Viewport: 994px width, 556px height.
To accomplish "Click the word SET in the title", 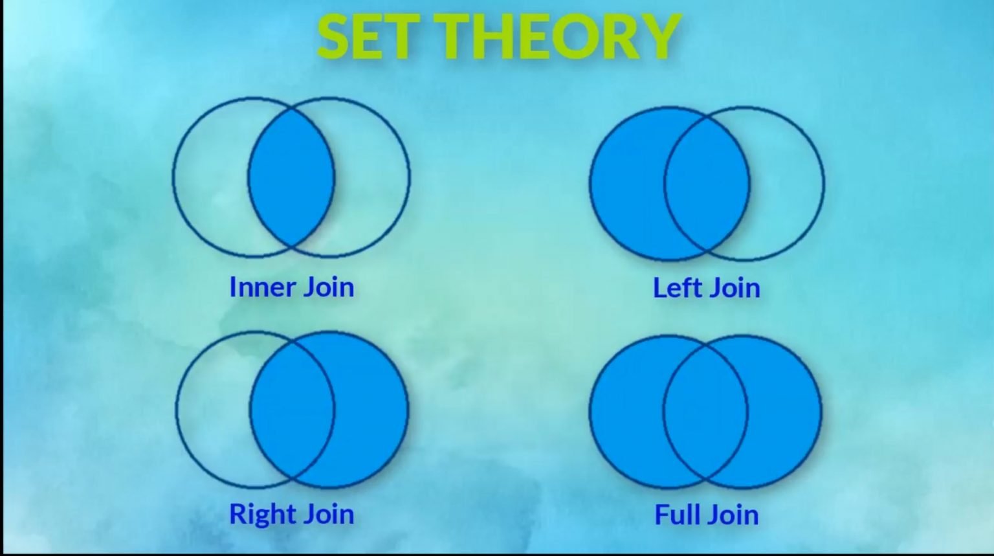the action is (x=370, y=36).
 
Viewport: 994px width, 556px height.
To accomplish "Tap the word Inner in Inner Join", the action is (x=262, y=287).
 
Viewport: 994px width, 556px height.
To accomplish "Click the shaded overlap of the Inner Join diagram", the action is (x=291, y=177).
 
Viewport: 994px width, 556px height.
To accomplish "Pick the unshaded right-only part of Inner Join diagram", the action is (x=372, y=177).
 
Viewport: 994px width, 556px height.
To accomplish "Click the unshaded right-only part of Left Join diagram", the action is (x=787, y=183).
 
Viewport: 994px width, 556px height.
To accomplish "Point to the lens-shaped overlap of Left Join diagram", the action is (x=707, y=183).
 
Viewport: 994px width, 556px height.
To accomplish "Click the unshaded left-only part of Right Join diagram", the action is (x=213, y=410).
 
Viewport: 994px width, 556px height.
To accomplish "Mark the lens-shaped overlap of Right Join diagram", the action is (x=292, y=410).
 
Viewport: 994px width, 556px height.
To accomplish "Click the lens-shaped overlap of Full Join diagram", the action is (x=705, y=412).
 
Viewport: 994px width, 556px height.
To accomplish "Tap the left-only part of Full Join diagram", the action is (x=626, y=412).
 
